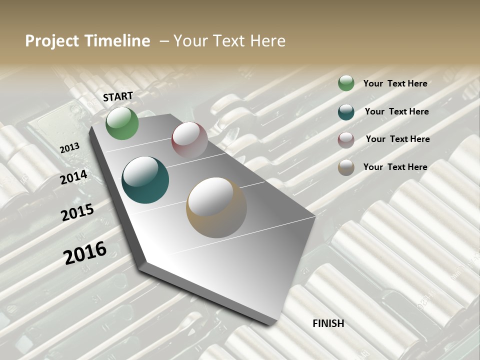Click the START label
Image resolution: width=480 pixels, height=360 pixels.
click(x=118, y=96)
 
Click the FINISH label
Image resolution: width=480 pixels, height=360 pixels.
click(x=328, y=323)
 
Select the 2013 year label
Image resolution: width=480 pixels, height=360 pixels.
click(x=69, y=148)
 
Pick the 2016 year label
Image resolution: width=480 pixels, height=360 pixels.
click(x=85, y=252)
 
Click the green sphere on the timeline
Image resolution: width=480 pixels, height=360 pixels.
click(x=122, y=123)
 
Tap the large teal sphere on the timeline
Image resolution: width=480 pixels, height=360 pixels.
click(x=145, y=180)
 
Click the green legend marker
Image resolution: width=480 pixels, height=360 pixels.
click(x=346, y=83)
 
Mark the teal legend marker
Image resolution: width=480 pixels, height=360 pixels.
click(x=346, y=112)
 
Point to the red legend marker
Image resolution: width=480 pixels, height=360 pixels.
click(x=346, y=140)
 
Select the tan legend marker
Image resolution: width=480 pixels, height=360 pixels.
click(x=346, y=167)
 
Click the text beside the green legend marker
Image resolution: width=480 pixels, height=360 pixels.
click(x=395, y=83)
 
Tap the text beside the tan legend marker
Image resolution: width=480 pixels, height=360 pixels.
click(x=395, y=167)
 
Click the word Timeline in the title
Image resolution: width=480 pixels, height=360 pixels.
click(x=117, y=41)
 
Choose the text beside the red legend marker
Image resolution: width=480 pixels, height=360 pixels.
click(x=397, y=139)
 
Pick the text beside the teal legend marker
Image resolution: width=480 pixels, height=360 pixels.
click(x=396, y=111)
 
